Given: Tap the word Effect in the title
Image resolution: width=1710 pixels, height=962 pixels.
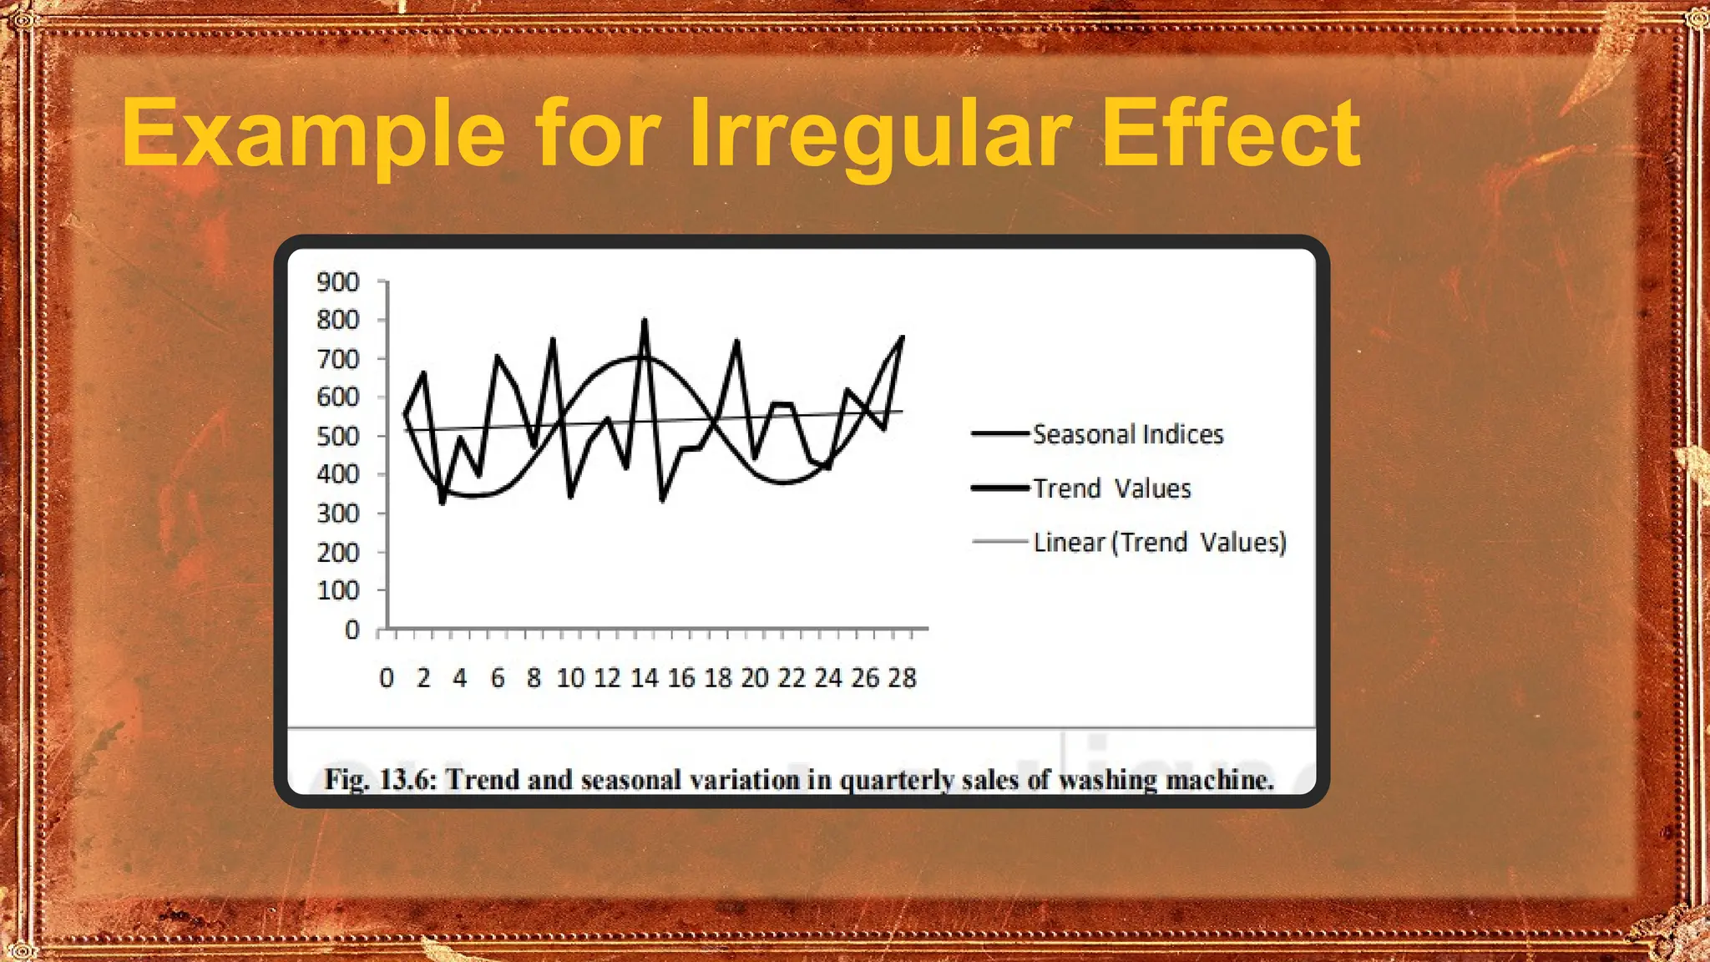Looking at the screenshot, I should tap(1232, 134).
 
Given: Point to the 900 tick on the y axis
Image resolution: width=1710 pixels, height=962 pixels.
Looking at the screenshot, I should tap(338, 282).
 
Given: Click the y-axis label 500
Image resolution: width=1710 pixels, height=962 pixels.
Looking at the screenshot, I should tap(338, 436).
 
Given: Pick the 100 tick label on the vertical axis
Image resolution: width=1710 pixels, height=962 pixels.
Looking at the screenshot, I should tap(338, 590).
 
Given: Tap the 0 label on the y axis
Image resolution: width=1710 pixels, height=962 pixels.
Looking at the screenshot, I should tap(352, 630).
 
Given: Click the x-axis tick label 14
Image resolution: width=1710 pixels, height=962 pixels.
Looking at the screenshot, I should tap(644, 678).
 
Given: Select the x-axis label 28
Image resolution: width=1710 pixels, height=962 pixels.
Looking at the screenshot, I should tap(902, 678).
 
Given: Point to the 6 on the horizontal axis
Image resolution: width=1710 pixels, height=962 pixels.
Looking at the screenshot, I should tap(498, 678).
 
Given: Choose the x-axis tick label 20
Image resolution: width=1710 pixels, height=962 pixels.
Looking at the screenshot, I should tap(755, 678).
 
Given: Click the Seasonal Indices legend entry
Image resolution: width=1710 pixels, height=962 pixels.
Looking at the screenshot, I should tap(1127, 434).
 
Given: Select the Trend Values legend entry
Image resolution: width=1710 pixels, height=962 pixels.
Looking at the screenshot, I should tap(1111, 489).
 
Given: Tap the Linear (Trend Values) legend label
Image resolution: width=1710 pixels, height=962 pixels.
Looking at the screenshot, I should tap(1159, 543).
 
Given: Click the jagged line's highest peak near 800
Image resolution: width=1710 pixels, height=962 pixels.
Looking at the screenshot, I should tap(644, 320).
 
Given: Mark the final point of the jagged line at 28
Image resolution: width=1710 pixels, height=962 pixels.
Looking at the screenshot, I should tap(903, 337).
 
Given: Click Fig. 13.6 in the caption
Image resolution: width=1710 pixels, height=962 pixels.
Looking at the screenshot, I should tap(380, 780).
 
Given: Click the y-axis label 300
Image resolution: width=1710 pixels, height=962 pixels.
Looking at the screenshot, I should tap(338, 514).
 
